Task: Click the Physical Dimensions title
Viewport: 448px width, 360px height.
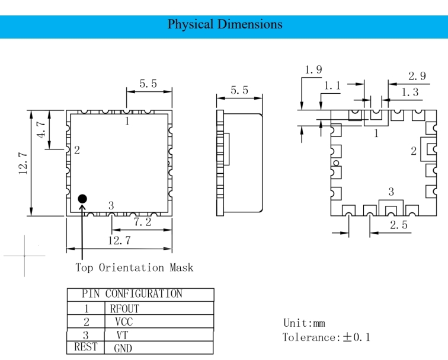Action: pyautogui.click(x=225, y=24)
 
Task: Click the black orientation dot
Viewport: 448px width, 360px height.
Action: pyautogui.click(x=82, y=199)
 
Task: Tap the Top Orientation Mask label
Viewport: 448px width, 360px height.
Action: pyautogui.click(x=135, y=267)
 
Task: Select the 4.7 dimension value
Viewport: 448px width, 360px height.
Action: pyautogui.click(x=41, y=129)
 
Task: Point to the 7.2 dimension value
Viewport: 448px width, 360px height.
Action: pyautogui.click(x=143, y=222)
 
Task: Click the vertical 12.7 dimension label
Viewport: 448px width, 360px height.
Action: pyautogui.click(x=23, y=164)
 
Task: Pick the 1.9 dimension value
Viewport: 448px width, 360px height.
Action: pyautogui.click(x=313, y=69)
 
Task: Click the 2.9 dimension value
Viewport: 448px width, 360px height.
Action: pyautogui.click(x=417, y=76)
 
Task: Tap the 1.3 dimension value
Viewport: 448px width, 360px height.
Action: pyautogui.click(x=410, y=92)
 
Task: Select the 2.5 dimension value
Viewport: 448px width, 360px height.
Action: pyautogui.click(x=399, y=225)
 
